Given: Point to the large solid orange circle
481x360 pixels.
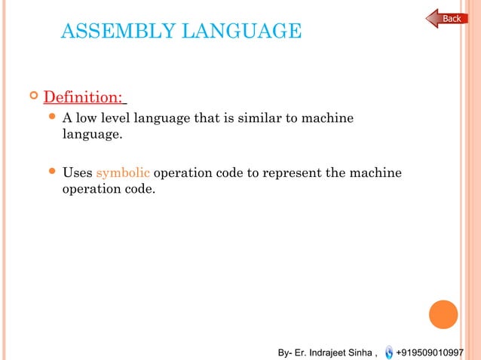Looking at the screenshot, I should (x=444, y=315).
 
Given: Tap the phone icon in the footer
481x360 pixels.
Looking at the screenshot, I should (x=388, y=352).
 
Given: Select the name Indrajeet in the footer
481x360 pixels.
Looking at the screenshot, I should (x=326, y=352).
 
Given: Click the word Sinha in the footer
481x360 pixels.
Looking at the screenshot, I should (x=361, y=352).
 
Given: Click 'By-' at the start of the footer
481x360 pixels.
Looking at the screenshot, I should (x=285, y=352).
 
